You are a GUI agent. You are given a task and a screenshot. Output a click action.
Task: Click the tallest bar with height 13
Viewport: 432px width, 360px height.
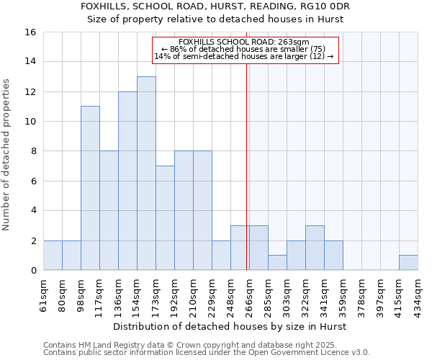[x=146, y=174]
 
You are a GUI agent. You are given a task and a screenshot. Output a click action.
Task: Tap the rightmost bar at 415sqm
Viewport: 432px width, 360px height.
[x=408, y=263]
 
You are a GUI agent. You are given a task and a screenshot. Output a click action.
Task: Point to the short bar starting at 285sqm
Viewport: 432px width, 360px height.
[x=277, y=263]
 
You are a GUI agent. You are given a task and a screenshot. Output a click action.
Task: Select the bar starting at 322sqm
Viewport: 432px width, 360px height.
[x=315, y=248]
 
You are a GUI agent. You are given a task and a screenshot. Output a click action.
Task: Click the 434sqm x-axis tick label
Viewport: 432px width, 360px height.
[x=418, y=295]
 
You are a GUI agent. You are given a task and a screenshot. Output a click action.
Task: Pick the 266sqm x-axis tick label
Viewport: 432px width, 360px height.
[x=250, y=295]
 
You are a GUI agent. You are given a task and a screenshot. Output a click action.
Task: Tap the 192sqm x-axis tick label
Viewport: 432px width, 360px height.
[x=175, y=295]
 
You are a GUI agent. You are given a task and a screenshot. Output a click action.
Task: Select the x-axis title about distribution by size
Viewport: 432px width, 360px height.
[x=230, y=327]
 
